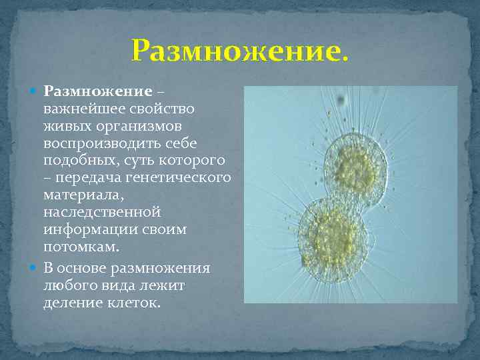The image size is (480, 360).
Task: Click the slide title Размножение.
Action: point(239,50)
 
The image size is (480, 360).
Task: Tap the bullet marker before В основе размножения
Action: point(35,268)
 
